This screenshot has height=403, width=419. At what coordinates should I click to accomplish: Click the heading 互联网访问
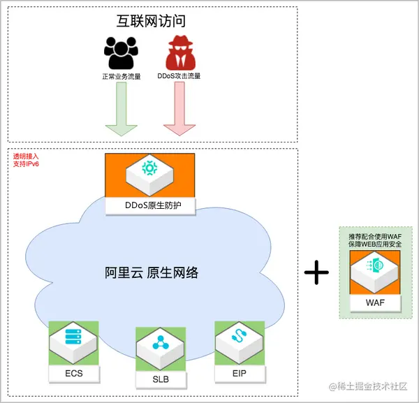pyautogui.click(x=152, y=22)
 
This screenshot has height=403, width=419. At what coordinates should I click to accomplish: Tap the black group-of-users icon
pyautogui.click(x=121, y=53)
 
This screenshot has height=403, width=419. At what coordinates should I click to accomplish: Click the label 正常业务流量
pyautogui.click(x=121, y=75)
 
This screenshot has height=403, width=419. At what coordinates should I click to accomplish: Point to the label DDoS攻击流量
pyautogui.click(x=179, y=75)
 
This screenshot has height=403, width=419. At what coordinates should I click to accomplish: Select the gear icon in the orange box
pyautogui.click(x=149, y=168)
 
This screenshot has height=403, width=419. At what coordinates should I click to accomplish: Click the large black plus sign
pyautogui.click(x=316, y=272)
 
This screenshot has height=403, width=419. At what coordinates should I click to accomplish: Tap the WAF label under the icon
pyautogui.click(x=375, y=303)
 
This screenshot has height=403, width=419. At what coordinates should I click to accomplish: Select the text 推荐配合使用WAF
pyautogui.click(x=375, y=237)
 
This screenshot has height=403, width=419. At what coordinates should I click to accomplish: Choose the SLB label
pyautogui.click(x=160, y=380)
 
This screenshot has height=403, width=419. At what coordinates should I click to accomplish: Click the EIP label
pyautogui.click(x=240, y=374)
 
